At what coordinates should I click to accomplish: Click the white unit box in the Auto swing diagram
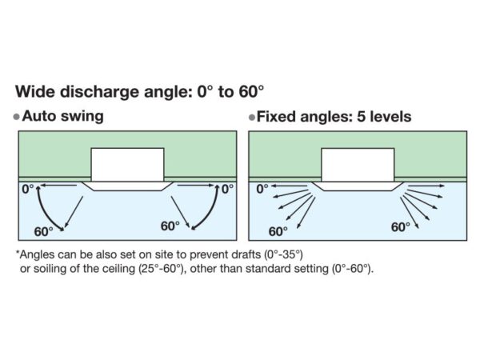point(127,165)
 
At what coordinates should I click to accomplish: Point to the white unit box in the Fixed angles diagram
point(357,165)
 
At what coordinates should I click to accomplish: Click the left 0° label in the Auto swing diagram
point(30,190)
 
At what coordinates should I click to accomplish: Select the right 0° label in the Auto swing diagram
point(227,190)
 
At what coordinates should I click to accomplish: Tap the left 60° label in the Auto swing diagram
point(44,230)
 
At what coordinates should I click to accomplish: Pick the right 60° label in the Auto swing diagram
point(170,226)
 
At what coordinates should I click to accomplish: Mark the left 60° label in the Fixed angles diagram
point(278,231)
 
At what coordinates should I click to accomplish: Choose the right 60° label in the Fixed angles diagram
point(401,227)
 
